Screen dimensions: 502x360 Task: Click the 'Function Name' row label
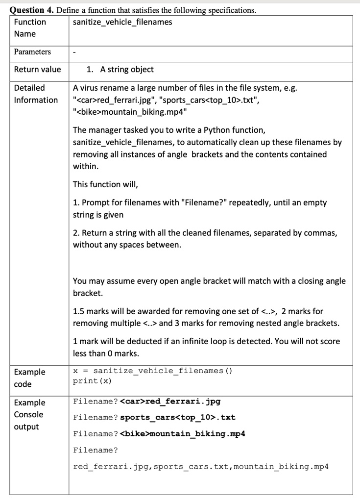pyautogui.click(x=30, y=28)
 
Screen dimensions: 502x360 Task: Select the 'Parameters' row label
pyautogui.click(x=32, y=52)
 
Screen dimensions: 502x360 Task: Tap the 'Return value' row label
pyautogui.click(x=37, y=70)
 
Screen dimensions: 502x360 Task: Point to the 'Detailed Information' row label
pyautogui.click(x=36, y=94)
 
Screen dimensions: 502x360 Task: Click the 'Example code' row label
pyautogui.click(x=29, y=378)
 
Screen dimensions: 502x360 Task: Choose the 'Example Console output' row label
pyautogui.click(x=29, y=415)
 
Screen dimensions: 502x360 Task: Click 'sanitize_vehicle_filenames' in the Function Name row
pyautogui.click(x=122, y=22)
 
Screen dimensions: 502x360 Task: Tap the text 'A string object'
pyautogui.click(x=127, y=70)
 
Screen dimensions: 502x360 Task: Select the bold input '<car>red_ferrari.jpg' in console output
pyautogui.click(x=170, y=402)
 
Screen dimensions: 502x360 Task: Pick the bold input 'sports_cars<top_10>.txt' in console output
pyautogui.click(x=178, y=418)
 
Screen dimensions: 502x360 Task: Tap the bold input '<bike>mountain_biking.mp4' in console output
pyautogui.click(x=183, y=434)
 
